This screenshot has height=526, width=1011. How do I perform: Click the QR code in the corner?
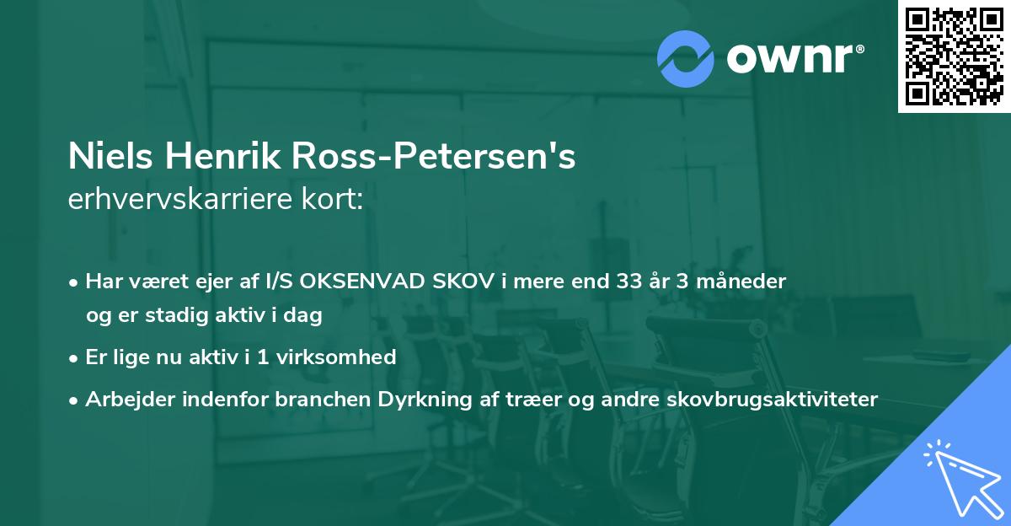tap(955, 56)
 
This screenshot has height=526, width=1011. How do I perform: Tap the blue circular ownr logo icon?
tap(685, 58)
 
